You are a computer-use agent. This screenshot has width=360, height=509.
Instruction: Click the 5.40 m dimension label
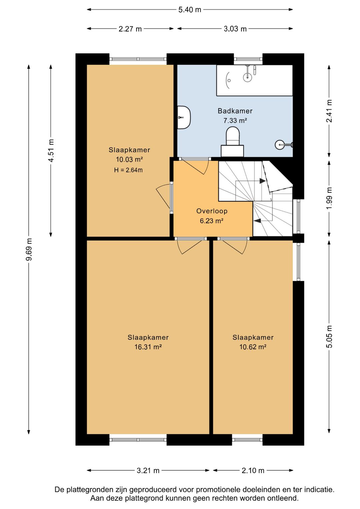190,10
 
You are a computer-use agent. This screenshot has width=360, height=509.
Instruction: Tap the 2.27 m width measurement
130,29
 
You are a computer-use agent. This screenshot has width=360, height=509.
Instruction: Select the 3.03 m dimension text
235,29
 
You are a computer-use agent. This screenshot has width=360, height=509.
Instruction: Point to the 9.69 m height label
29,249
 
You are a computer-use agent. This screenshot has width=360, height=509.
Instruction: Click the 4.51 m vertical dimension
51,150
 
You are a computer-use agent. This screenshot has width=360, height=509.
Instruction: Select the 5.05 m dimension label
329,337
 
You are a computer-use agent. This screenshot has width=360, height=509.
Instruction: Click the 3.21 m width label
148,470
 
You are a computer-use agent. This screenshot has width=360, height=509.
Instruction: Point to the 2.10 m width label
253,470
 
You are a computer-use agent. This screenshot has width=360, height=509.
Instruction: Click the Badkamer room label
235,111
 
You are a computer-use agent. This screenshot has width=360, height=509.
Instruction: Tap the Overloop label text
212,211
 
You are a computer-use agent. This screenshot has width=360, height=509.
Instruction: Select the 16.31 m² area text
148,347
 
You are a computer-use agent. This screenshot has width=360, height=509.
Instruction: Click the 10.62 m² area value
253,347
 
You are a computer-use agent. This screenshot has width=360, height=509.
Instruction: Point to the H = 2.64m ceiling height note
128,170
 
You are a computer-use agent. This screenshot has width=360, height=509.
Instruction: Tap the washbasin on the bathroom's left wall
184,117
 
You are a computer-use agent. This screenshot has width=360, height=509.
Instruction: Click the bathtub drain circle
229,80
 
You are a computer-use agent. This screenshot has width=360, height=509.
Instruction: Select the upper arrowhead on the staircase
263,181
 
